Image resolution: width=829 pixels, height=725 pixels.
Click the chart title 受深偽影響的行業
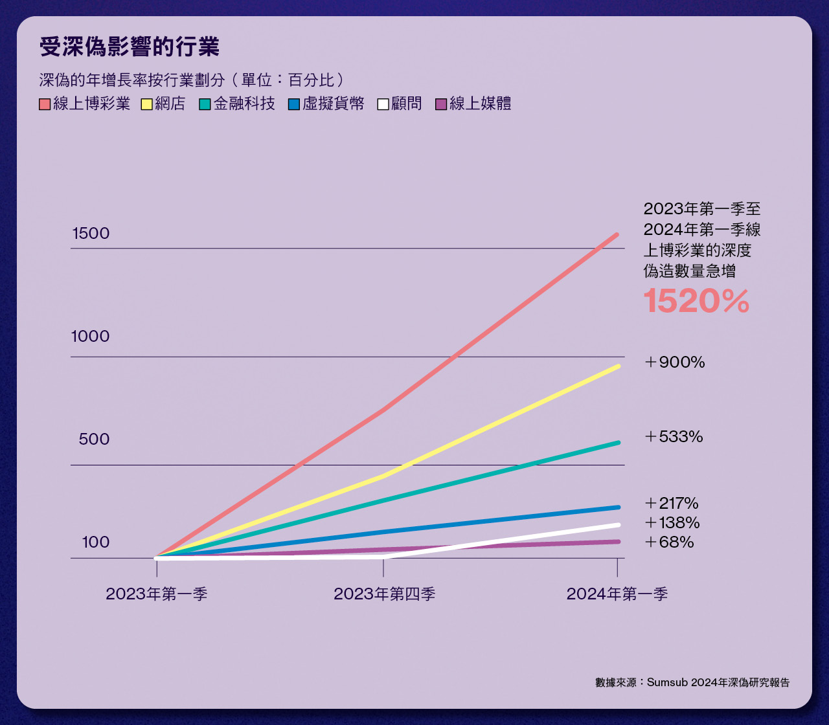pos(129,47)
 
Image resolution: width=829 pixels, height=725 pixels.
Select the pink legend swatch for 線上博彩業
pos(45,104)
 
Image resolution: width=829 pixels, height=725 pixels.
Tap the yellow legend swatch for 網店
pos(146,104)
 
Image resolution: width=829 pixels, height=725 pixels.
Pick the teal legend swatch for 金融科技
pos(205,104)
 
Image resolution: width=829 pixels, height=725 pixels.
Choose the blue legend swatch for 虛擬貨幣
pos(294,104)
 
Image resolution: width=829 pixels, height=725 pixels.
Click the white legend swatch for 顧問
pos(383,104)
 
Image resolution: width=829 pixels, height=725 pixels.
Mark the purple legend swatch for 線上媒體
pos(441,104)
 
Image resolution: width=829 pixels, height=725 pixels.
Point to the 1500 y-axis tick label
pos(91,234)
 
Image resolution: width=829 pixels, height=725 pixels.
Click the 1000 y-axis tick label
pos(91,337)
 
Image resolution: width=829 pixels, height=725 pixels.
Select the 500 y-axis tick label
pos(94,440)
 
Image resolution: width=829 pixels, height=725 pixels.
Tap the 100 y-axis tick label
pos(96,542)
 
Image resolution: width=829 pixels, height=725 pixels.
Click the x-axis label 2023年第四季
pos(384,594)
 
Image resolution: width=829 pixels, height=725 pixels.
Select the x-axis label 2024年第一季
pos(617,594)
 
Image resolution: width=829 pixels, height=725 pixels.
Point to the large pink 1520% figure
pos(696,302)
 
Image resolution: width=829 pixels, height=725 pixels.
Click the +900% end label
pos(674,362)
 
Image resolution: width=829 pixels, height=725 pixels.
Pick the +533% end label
pos(674,437)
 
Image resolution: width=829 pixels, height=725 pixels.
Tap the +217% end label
pos(671,503)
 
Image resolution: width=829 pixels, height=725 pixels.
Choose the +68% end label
pos(669,542)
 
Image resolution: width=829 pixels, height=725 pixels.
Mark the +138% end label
pos(672,522)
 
